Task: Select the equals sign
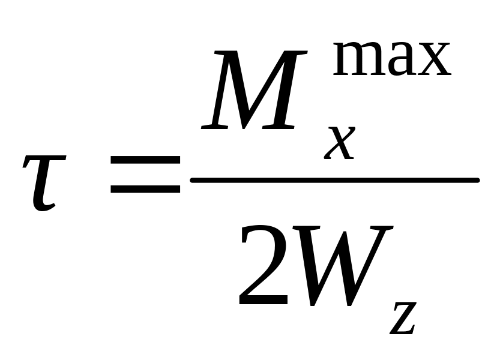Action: pos(146,174)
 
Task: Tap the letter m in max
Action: pos(355,61)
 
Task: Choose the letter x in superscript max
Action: pos(432,61)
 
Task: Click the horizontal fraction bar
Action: pos(334,180)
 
